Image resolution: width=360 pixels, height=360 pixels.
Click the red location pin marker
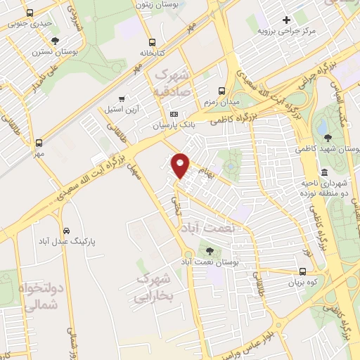181,165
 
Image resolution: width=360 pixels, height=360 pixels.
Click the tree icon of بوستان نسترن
56,40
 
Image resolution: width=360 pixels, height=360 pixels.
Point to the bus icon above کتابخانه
153,41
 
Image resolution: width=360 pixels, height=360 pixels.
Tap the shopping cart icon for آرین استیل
122,99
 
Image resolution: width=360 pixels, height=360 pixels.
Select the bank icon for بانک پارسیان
174,115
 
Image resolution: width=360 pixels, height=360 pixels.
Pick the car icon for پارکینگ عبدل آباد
65,230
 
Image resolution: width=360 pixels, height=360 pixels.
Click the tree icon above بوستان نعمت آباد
209,250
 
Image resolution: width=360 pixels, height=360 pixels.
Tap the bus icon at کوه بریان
302,271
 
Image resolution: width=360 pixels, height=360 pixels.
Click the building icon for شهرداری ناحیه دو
323,172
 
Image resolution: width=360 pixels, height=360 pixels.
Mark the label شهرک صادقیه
170,82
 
